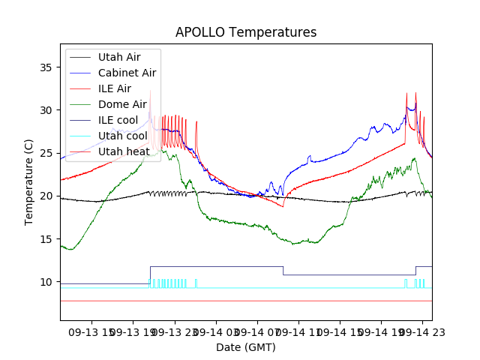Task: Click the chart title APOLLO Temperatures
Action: (x=246, y=33)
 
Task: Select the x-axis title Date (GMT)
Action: (x=246, y=347)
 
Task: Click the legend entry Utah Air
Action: (x=118, y=57)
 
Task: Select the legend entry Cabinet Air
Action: (x=127, y=73)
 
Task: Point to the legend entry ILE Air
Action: (x=114, y=88)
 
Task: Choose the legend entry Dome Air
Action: (x=122, y=104)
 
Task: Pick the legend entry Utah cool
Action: (x=122, y=136)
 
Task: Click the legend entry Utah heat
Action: (x=124, y=152)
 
